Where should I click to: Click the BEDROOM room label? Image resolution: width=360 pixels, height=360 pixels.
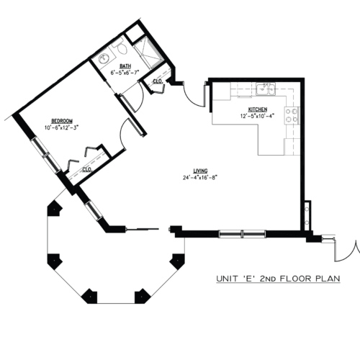pos(62,121)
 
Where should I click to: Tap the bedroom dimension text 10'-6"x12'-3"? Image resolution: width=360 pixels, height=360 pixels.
pos(62,127)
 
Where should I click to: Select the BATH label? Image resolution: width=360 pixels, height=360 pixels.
pos(125,66)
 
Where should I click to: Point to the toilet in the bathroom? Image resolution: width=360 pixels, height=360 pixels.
pos(120,47)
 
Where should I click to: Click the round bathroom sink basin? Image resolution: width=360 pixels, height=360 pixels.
pos(104,59)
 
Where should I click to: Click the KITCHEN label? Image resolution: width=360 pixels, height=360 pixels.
pos(258,109)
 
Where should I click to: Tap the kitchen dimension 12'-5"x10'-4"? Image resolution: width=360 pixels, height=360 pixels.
pos(257,116)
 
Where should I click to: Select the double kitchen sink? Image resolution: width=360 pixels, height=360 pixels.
pos(266,89)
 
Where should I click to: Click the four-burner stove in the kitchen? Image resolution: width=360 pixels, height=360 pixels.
pos(292,115)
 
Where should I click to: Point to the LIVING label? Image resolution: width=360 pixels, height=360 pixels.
pos(200,171)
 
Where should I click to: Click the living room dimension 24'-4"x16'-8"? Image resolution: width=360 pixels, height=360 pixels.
pos(200,178)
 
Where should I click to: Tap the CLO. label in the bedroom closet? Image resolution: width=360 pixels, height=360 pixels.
pos(87,170)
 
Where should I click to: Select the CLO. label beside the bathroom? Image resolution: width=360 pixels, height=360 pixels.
pos(158,81)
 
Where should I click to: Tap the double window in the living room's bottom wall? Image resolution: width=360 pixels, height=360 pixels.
pos(243,234)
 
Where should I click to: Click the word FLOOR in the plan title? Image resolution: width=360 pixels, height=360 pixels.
pos(296,279)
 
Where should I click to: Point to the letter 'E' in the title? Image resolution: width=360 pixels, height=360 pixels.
pos(248,279)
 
